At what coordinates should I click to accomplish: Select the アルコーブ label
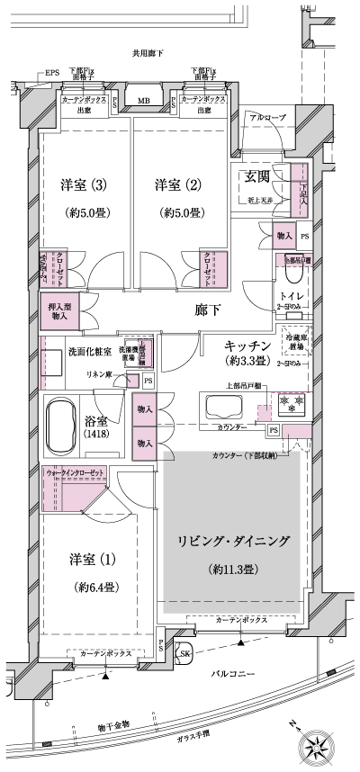(x=268, y=118)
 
